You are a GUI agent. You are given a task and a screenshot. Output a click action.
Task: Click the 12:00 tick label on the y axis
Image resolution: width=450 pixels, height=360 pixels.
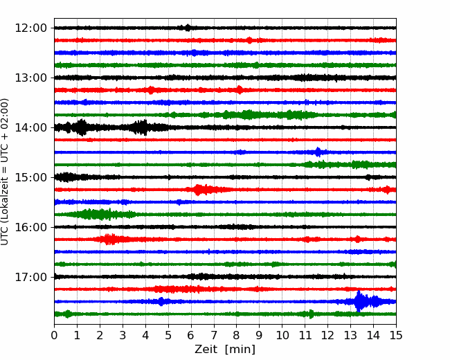(30, 28)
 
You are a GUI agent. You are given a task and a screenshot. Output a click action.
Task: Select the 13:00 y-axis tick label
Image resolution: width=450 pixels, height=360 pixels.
(30, 78)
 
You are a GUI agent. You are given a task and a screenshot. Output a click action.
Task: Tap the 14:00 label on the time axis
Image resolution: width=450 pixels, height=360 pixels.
(30, 127)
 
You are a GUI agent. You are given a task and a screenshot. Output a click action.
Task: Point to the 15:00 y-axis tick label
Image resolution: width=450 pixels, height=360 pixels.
(30, 177)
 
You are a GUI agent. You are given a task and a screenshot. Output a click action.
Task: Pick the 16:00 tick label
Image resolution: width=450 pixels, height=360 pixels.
(30, 227)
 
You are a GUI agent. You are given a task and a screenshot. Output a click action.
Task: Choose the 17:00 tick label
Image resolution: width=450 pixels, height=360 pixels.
(30, 277)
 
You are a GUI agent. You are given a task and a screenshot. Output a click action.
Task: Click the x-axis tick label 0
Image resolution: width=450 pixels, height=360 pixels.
(54, 335)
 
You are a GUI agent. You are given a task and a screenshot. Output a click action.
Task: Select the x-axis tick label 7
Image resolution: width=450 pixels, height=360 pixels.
(213, 335)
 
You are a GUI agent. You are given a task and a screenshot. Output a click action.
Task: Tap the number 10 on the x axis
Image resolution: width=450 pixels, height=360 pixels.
(282, 335)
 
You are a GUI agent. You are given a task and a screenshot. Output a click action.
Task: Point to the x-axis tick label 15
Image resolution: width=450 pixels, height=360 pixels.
(396, 335)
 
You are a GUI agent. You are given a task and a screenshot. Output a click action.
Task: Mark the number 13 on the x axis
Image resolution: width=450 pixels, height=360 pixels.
(350, 335)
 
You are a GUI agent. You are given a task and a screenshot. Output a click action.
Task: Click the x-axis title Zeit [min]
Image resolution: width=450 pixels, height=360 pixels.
(225, 349)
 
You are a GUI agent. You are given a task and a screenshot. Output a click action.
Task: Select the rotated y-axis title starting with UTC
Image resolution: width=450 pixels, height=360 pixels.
(4, 172)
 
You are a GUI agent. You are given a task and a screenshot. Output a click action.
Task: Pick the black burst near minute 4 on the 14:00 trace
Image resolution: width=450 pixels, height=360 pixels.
(141, 127)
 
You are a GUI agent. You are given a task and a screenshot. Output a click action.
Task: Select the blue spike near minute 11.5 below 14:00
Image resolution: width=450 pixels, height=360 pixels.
(318, 152)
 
